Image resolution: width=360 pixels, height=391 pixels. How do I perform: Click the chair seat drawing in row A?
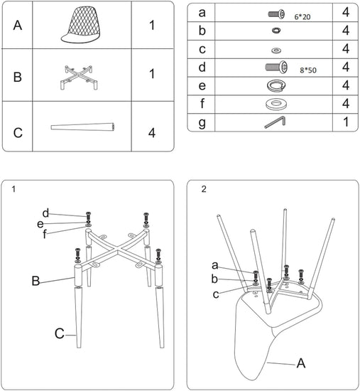click(82, 25)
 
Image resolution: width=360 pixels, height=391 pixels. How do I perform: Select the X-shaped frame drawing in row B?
click(79, 77)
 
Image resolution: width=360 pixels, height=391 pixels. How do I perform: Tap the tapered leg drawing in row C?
click(82, 127)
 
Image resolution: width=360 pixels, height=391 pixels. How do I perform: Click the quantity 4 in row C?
click(152, 133)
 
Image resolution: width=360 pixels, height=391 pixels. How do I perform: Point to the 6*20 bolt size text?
click(302, 17)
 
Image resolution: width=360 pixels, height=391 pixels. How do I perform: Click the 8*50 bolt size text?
click(308, 70)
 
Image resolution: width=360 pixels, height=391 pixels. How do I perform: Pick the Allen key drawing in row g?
click(275, 122)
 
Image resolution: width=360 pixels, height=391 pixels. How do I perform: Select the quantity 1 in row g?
click(346, 122)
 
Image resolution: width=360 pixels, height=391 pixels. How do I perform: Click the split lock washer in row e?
click(276, 85)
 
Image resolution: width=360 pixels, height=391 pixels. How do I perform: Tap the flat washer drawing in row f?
click(276, 104)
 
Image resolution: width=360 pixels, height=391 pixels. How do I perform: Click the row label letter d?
click(202, 67)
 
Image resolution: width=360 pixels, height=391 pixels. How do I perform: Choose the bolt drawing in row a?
click(276, 14)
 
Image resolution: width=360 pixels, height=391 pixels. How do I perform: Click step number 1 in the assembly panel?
click(13, 189)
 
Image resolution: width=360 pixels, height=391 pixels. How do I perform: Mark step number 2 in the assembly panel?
click(204, 189)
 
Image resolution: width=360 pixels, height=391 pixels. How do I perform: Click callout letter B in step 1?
click(36, 281)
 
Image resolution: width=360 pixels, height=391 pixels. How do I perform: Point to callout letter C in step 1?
click(60, 333)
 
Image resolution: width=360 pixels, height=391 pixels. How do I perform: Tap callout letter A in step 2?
click(301, 363)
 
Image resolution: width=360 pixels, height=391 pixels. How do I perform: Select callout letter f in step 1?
click(44, 234)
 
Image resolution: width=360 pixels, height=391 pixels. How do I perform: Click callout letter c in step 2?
click(216, 294)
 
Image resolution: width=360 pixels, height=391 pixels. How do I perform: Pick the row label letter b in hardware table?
click(202, 31)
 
